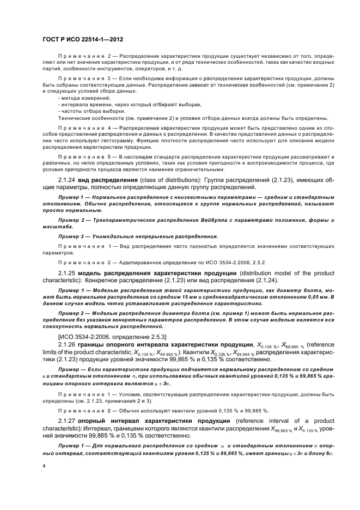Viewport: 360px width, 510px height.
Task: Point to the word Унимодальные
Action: coord(106,236)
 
